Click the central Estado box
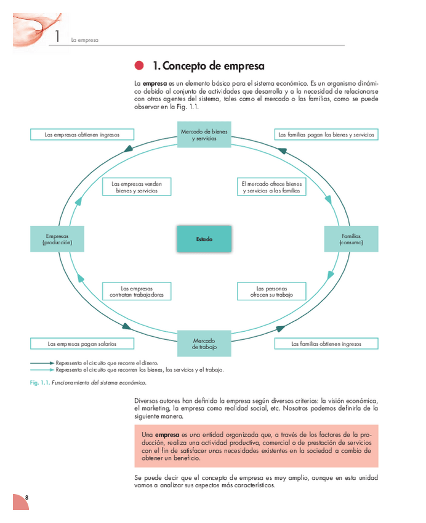204,239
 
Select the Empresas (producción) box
57,239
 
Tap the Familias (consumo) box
351,239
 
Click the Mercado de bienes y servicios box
204,134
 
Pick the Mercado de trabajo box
204,344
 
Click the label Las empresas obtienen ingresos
82,134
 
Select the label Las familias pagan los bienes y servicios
326,134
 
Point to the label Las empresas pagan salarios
82,344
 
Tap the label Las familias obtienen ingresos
326,344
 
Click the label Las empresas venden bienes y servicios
137,187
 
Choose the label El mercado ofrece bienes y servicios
271,187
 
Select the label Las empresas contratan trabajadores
137,291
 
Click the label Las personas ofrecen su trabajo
271,291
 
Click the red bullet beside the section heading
139,66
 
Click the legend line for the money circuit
43,363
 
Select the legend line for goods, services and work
43,370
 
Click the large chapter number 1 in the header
57,36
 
